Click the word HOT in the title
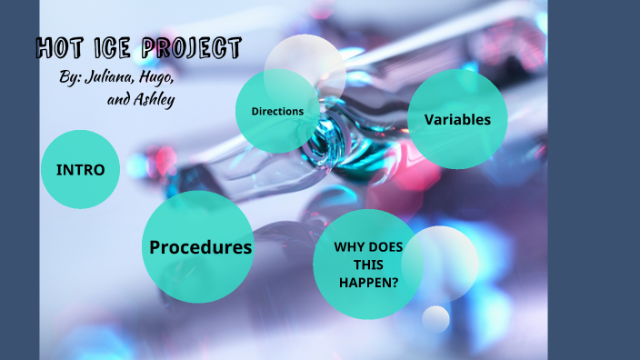tap(60, 49)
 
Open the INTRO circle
tap(80, 170)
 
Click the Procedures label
tap(200, 247)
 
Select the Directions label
tap(277, 111)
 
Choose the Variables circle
tap(457, 119)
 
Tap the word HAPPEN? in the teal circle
tap(368, 282)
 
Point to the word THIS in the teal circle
tap(368, 264)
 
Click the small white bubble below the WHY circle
tap(436, 318)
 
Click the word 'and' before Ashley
tap(119, 100)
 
